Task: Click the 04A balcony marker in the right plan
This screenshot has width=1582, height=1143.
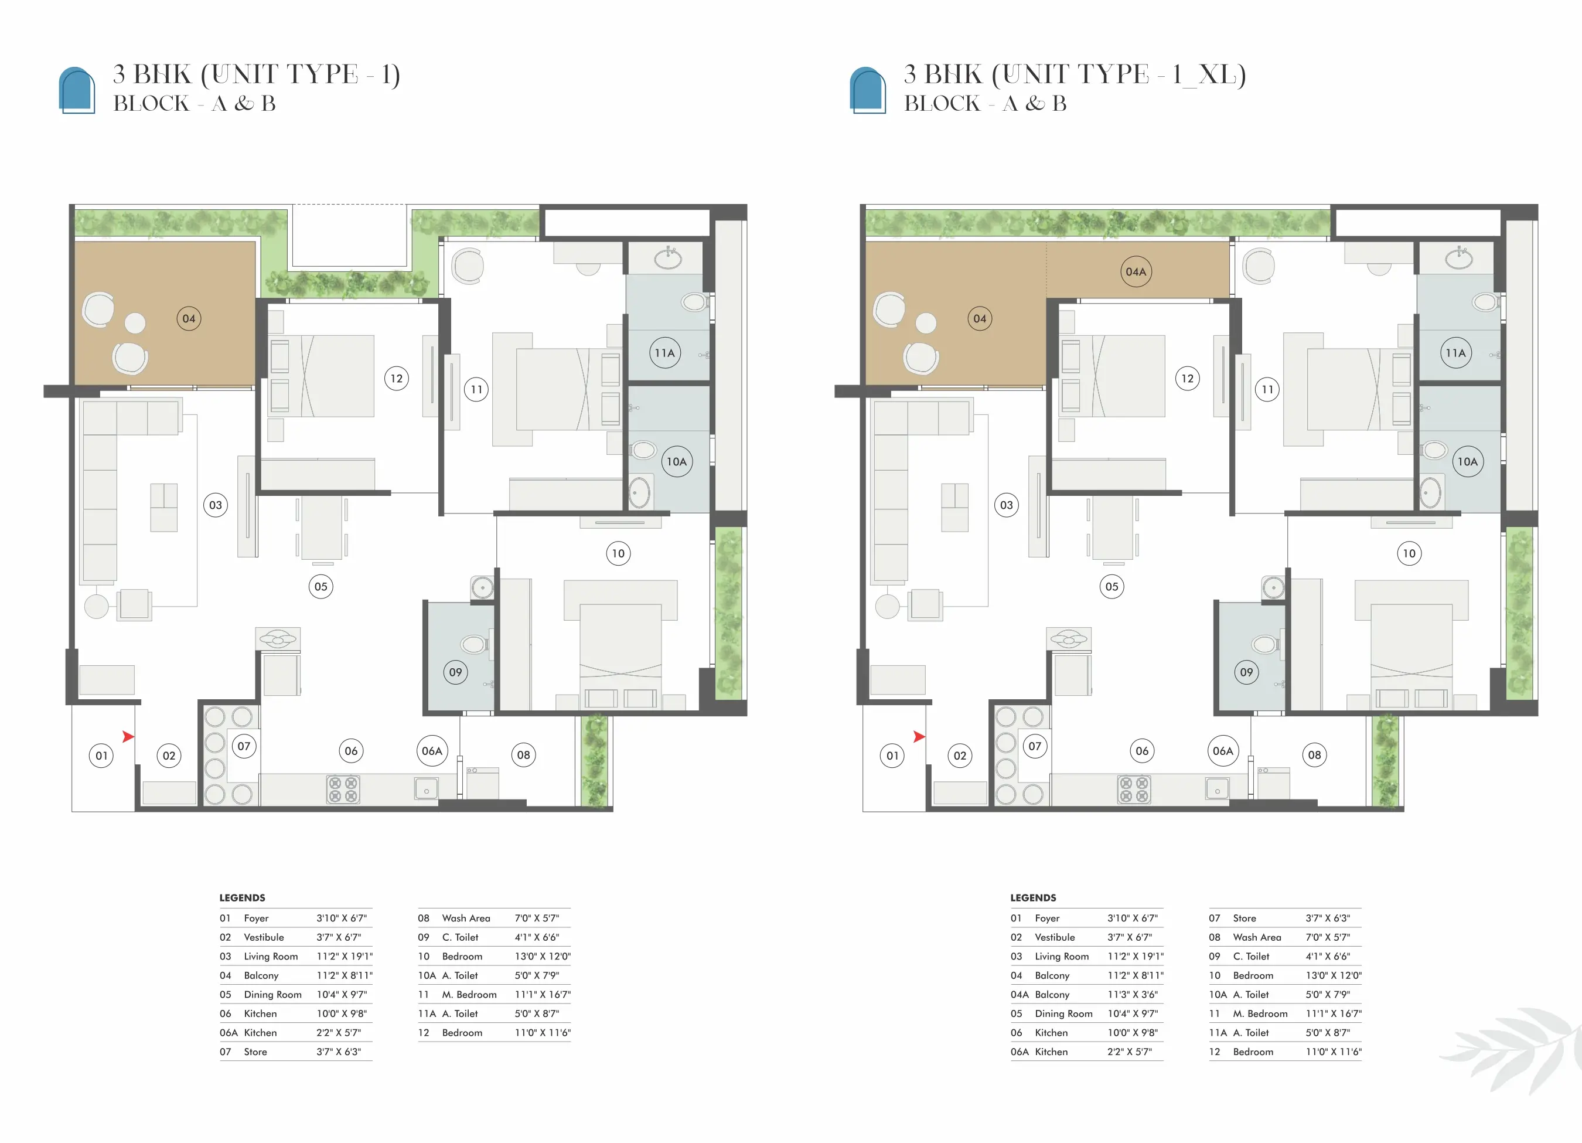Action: (x=1136, y=272)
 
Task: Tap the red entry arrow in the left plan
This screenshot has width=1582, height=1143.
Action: (x=128, y=736)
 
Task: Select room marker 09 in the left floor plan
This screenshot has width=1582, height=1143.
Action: (x=455, y=672)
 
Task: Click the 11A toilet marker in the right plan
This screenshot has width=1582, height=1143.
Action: (x=1456, y=353)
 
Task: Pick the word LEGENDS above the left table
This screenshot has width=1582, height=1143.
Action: (x=242, y=898)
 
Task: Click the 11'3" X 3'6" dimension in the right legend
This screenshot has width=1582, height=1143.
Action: (x=1132, y=994)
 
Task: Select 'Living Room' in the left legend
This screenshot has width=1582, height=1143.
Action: (x=271, y=956)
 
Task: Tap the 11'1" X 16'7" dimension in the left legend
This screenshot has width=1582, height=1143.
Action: (x=543, y=994)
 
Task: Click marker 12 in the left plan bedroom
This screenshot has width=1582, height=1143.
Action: (x=396, y=379)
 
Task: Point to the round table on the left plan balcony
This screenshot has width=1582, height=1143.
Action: (x=135, y=323)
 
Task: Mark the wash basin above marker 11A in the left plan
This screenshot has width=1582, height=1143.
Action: (x=668, y=257)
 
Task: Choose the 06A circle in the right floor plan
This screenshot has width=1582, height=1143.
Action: (x=1223, y=751)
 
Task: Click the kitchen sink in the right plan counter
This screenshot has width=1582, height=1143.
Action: (x=1217, y=789)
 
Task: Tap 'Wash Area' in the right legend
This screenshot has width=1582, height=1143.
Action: (x=1257, y=937)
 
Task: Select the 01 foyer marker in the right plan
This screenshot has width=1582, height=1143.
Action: (x=892, y=756)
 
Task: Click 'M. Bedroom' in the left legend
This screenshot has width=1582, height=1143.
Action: (x=469, y=994)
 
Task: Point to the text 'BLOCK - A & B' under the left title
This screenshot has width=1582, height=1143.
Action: (x=195, y=103)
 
